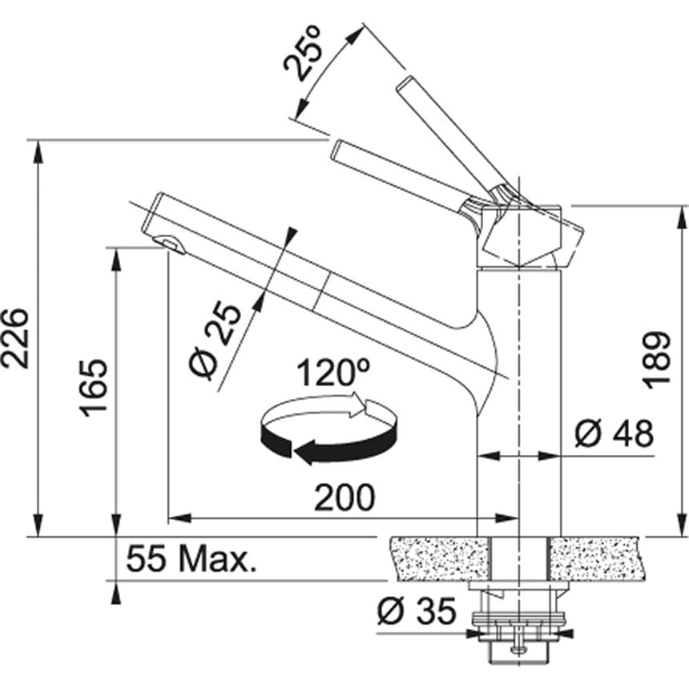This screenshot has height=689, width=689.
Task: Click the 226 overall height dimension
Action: click(15, 336)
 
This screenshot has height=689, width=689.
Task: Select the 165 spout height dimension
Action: click(94, 387)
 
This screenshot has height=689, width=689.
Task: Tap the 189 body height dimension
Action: click(659, 359)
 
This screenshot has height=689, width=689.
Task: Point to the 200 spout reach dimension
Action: click(344, 498)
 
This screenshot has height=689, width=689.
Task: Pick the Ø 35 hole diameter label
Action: click(416, 612)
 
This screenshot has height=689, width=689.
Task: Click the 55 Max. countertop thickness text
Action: click(191, 559)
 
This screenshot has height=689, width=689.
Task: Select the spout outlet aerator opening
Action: click(167, 242)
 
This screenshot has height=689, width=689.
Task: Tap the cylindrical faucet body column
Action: click(519, 401)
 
